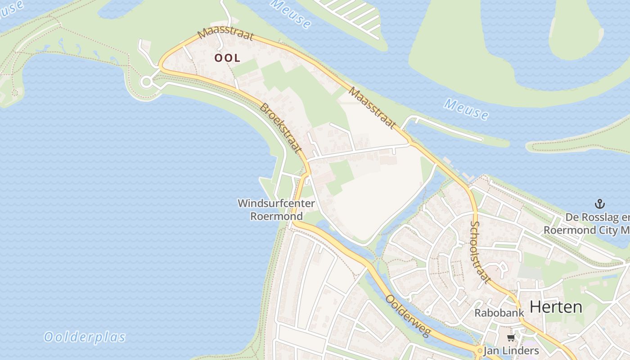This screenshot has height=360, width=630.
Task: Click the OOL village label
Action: (227, 58)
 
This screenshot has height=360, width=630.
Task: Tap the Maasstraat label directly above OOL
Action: (226, 35)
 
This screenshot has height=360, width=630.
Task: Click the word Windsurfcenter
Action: (276, 203)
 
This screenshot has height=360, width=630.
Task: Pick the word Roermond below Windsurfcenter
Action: (276, 216)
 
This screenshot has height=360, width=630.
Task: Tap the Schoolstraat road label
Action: (480, 252)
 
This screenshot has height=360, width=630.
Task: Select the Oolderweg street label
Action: (409, 316)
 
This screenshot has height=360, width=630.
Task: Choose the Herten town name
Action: (556, 307)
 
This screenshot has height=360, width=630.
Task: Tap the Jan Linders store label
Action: (511, 351)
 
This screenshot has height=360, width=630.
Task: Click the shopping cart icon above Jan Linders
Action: (510, 338)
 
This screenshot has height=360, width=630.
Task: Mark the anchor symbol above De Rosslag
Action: (599, 204)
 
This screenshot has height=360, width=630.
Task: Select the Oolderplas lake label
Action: (85, 337)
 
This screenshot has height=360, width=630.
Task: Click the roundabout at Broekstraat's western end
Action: (146, 82)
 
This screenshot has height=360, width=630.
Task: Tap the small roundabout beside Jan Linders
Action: (480, 351)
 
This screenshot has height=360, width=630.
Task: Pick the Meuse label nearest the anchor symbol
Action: (466, 109)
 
